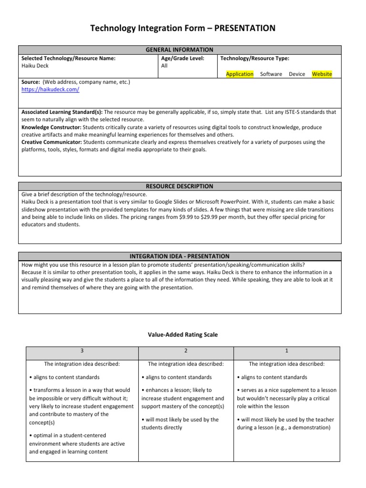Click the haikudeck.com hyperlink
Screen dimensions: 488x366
click(x=51, y=90)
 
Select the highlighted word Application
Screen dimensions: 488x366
click(x=240, y=74)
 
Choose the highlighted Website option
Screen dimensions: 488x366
click(x=322, y=74)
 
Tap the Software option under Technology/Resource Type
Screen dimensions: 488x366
click(x=271, y=74)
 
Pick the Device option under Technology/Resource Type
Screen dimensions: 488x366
click(x=297, y=74)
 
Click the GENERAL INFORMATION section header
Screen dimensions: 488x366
click(x=180, y=50)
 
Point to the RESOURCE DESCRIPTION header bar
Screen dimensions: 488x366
click(x=180, y=186)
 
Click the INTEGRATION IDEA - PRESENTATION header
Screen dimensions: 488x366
click(x=180, y=256)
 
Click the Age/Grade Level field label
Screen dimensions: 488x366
click(x=183, y=58)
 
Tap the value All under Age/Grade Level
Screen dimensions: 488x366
click(x=164, y=66)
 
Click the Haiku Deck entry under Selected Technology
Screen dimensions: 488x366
click(x=35, y=66)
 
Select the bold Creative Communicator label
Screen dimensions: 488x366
click(x=52, y=142)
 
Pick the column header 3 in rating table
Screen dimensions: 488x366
click(x=81, y=351)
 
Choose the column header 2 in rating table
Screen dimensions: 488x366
click(x=185, y=351)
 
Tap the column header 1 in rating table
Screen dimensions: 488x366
click(x=286, y=351)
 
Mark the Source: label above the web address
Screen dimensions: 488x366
click(x=30, y=82)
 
